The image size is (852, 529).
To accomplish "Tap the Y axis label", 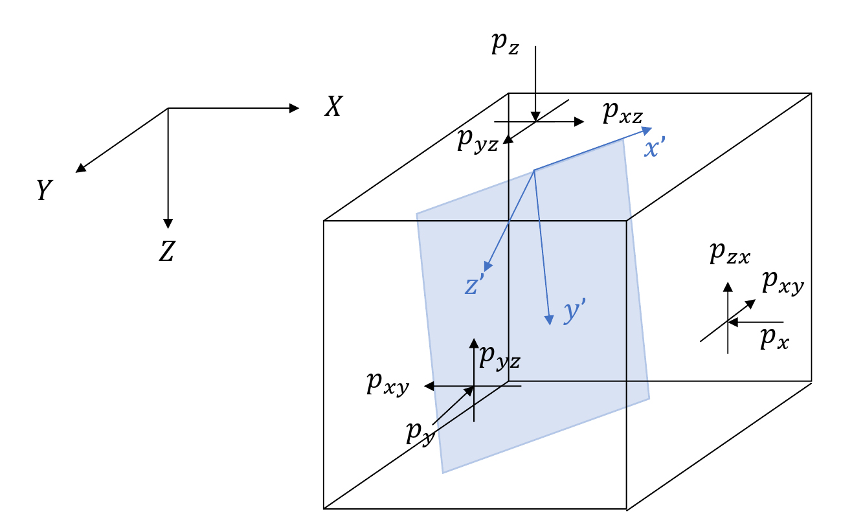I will point(43,190).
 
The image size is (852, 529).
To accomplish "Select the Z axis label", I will point(167,251).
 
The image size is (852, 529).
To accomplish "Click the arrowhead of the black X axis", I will point(295,108).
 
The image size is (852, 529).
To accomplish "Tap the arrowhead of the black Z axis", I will point(168,223).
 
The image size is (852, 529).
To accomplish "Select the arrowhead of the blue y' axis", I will point(549,319).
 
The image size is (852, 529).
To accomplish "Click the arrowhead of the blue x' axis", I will point(647,130).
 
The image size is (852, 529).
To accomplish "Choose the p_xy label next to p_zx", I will point(783,282).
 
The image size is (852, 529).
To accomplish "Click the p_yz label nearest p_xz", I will point(478,142).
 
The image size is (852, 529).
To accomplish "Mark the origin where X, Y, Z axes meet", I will point(168,108).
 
